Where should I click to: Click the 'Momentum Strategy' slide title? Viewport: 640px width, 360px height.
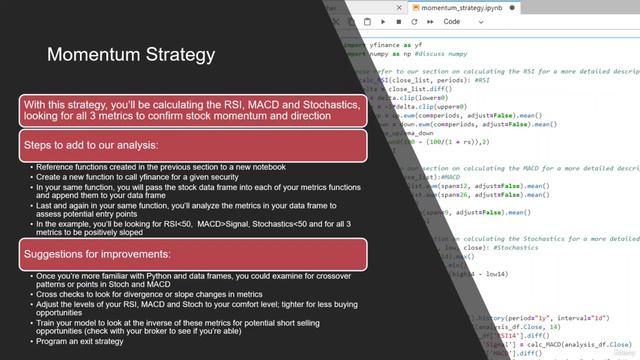click(130, 53)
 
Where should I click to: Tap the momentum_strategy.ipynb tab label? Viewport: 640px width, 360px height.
click(461, 7)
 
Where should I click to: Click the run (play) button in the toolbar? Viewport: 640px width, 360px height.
click(384, 21)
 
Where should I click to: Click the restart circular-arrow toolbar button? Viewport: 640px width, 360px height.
click(413, 21)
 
